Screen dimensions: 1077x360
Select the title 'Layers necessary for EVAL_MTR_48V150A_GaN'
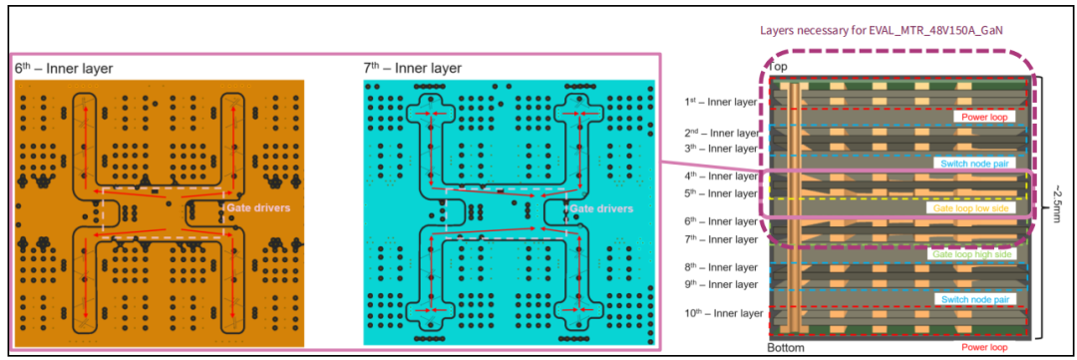click(x=877, y=30)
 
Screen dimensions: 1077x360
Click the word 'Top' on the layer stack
click(x=778, y=67)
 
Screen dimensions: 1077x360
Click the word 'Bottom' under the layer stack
click(x=785, y=348)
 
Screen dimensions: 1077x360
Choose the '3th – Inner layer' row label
click(x=721, y=149)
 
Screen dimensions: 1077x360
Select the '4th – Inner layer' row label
click(x=721, y=177)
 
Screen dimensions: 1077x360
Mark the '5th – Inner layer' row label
click(x=721, y=193)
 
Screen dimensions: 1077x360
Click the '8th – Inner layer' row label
click(x=721, y=267)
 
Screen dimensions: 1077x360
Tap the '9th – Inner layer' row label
click(x=721, y=284)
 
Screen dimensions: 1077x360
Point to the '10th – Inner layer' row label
click(x=723, y=314)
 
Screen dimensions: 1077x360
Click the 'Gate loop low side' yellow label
click(x=968, y=207)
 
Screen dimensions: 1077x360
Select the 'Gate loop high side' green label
click(x=972, y=254)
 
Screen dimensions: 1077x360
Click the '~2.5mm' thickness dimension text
click(x=1057, y=206)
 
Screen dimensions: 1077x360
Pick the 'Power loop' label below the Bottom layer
click(x=983, y=347)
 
